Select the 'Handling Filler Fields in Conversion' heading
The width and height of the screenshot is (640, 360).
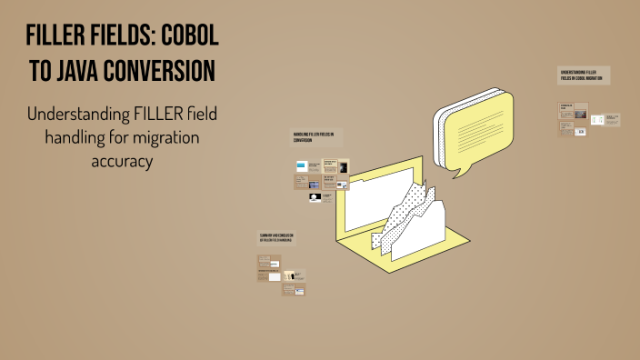point(314,137)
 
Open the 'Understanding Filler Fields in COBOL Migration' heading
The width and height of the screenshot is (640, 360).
point(582,75)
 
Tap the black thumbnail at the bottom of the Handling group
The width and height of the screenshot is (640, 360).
point(314,197)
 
